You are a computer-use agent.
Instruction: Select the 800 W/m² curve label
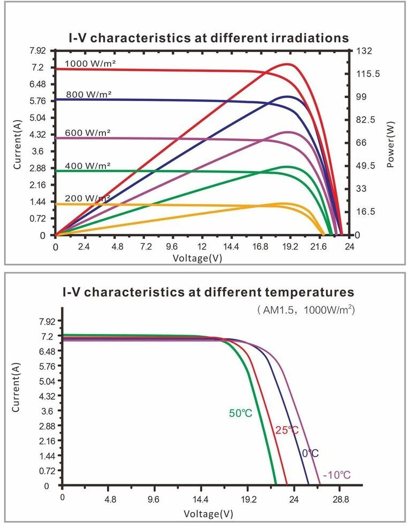coord(88,95)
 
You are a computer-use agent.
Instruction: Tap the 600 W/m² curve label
coord(88,133)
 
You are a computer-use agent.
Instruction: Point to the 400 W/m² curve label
coord(88,166)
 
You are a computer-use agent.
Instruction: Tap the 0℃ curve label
coord(310,453)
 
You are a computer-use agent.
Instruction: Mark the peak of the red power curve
coord(288,64)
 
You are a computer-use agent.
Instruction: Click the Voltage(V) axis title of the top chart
coord(197,258)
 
